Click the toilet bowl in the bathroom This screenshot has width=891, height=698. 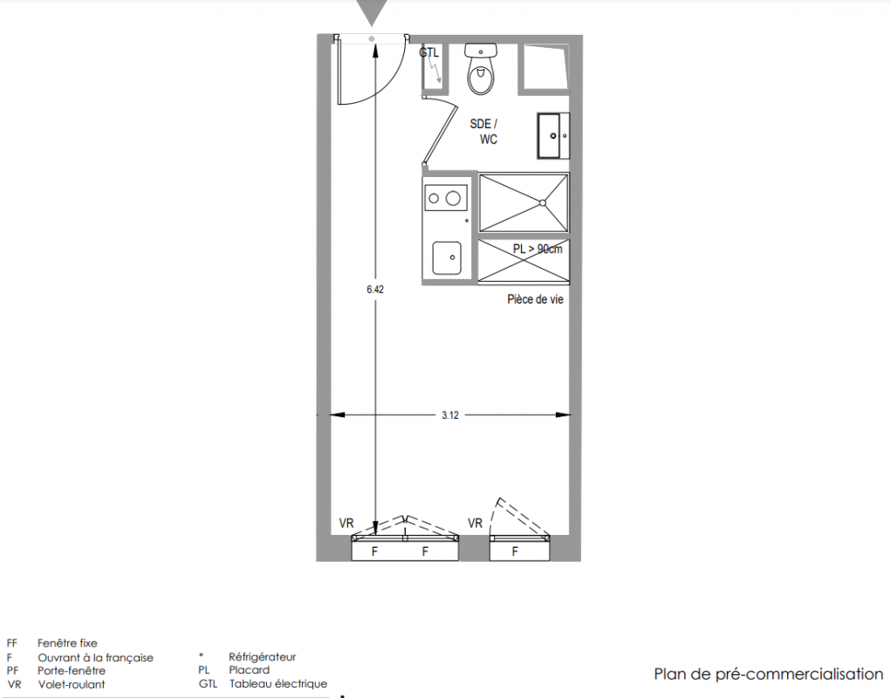(482, 77)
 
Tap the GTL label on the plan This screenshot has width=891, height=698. (429, 53)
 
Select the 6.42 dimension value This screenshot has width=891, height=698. (375, 289)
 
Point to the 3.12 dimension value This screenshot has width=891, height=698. (450, 415)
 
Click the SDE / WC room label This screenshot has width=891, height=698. (484, 132)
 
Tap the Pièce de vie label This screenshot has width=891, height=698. (535, 299)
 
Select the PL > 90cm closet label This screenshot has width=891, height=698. (538, 249)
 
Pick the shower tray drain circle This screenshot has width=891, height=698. (543, 202)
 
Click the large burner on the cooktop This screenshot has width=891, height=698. (453, 198)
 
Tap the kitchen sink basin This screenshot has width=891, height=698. (447, 258)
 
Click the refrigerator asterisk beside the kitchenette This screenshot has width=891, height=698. (467, 221)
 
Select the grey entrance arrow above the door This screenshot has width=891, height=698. (372, 11)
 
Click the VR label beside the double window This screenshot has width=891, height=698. (346, 523)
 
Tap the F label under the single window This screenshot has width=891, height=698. (515, 551)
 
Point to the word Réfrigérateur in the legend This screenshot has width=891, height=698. (263, 657)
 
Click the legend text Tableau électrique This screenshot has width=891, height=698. (278, 684)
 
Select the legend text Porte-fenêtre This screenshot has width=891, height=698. (72, 671)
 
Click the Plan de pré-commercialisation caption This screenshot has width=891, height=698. (768, 674)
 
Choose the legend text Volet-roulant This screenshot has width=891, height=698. (72, 684)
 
